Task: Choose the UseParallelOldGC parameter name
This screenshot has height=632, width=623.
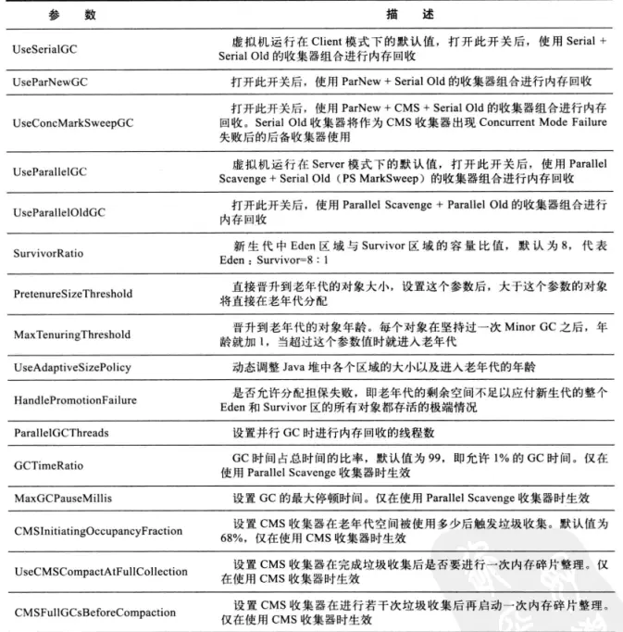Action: (59, 212)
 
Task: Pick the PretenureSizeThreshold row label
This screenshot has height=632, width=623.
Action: (73, 294)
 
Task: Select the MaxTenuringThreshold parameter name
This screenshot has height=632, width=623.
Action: (72, 335)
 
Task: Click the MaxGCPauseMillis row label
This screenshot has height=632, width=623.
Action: (63, 499)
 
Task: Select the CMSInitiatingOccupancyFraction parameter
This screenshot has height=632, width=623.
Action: (97, 531)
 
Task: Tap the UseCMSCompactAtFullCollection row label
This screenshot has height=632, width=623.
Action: (101, 572)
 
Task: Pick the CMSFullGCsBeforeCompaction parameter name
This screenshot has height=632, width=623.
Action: (94, 613)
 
